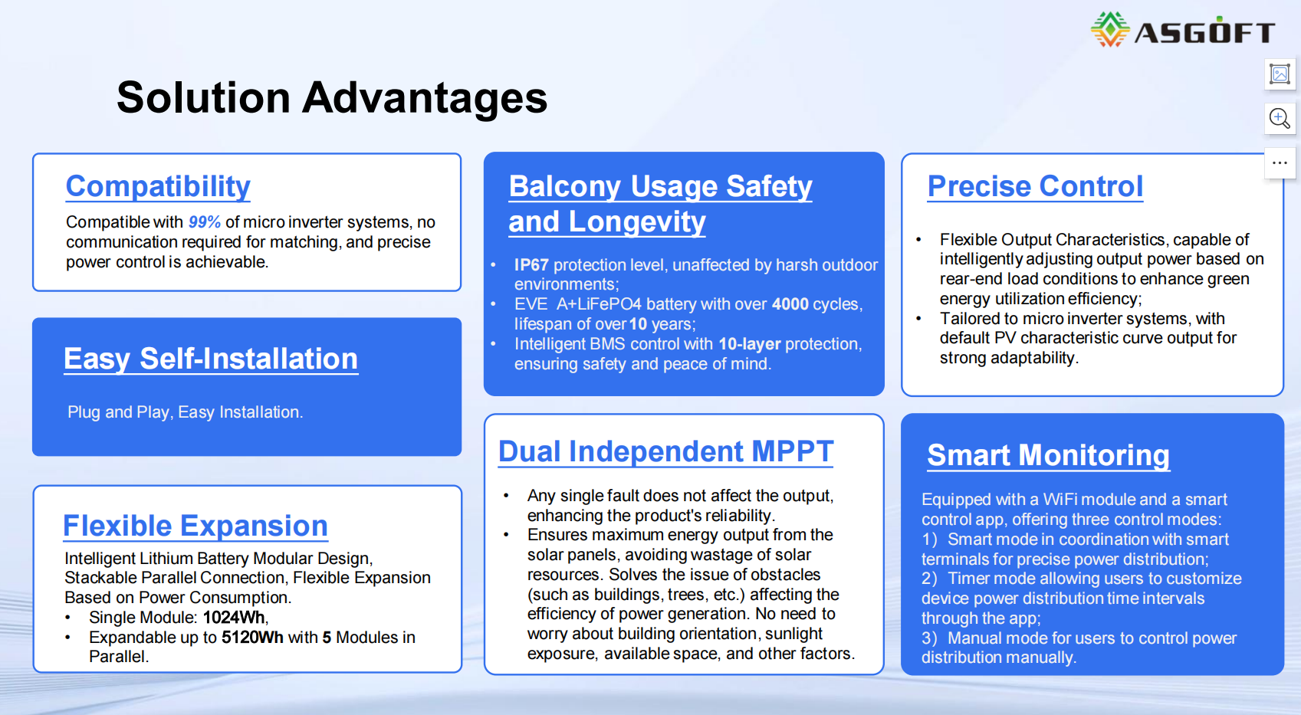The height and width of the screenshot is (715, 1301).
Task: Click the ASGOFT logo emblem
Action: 1110,30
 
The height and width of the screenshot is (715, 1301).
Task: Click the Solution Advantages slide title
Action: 332,97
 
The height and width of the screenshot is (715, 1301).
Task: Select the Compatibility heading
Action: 158,187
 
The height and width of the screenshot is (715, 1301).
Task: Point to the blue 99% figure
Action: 205,221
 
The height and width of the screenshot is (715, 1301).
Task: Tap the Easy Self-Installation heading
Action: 211,359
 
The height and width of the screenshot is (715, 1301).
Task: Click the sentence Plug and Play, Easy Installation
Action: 186,412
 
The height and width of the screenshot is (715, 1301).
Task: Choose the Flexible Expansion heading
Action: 195,526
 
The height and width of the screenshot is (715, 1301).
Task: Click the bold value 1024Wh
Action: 234,617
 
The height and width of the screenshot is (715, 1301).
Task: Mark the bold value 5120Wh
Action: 253,638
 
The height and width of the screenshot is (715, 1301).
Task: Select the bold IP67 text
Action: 531,264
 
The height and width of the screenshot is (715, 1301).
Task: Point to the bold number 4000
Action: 790,304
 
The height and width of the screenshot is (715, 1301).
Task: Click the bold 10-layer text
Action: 749,344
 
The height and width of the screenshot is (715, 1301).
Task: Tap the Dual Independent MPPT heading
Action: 666,451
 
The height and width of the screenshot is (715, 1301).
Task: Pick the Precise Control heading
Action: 1035,187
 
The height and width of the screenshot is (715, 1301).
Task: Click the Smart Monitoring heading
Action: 1048,455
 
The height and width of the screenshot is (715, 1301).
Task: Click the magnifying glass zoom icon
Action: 1280,118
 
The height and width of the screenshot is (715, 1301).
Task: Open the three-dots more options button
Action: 1280,163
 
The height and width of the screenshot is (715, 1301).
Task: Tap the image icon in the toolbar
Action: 1280,74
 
